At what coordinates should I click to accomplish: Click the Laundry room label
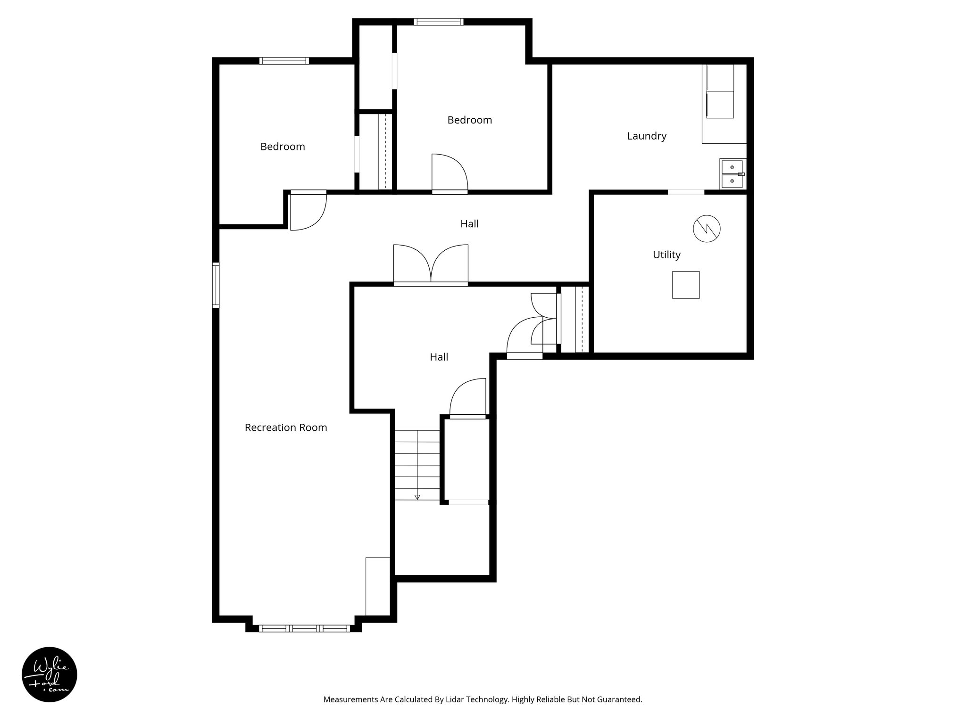point(646,136)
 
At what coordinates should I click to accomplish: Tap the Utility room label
point(666,255)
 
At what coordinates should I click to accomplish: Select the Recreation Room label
point(285,428)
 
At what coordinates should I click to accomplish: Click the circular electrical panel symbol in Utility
point(706,229)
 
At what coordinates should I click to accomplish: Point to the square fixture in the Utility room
point(685,285)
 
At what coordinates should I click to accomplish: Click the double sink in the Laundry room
point(732,174)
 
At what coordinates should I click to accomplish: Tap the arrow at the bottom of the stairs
point(417,497)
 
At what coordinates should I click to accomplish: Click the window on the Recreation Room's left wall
point(216,285)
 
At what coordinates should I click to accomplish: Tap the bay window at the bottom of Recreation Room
point(304,628)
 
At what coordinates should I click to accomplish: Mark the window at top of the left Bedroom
point(284,61)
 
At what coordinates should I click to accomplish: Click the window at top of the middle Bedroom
point(438,22)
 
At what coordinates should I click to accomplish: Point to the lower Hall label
point(438,357)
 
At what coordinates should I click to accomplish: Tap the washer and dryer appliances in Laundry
point(720,98)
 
